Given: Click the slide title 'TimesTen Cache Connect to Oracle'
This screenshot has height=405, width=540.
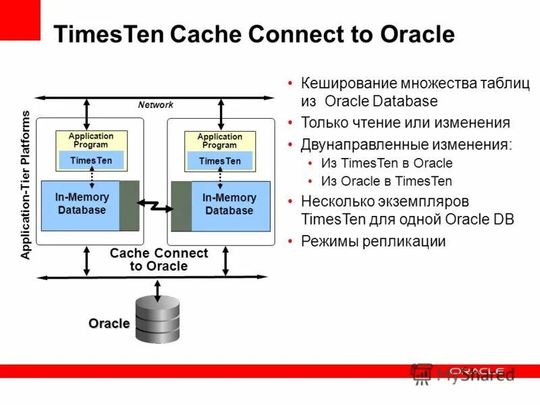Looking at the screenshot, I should click(253, 34).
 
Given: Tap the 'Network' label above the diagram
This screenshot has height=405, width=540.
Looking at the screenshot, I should click(155, 105).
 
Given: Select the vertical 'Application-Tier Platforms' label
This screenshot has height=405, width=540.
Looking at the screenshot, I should click(26, 186).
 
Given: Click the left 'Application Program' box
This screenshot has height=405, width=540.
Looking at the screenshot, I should click(91, 140).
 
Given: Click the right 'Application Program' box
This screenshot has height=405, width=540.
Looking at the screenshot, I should click(219, 140).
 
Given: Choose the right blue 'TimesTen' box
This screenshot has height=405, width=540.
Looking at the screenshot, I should click(219, 161).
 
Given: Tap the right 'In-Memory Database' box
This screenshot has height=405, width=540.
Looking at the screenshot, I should click(230, 204).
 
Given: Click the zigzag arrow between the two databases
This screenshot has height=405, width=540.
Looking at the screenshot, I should click(155, 205).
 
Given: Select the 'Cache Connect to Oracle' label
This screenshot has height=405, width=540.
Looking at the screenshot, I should click(159, 260).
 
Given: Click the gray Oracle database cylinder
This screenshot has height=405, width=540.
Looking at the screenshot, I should click(158, 321).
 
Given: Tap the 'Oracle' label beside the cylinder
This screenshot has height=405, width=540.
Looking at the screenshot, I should click(109, 323).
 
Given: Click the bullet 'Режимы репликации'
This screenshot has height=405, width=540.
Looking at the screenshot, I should click(373, 241).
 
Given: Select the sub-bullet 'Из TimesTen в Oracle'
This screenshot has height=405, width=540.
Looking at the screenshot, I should click(387, 163).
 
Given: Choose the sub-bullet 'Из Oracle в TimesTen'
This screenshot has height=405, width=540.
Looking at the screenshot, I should click(387, 181).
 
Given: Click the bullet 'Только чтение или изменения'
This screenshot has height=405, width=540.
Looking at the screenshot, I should click(405, 123).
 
